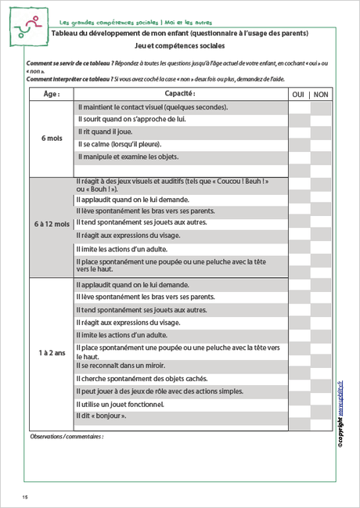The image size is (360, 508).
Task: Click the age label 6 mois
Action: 52,139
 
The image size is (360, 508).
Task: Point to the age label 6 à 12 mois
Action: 52,224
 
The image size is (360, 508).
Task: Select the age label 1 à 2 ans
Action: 52,353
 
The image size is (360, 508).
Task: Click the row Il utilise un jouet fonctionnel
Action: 120,404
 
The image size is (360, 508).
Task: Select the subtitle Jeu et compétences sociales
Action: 179,46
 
